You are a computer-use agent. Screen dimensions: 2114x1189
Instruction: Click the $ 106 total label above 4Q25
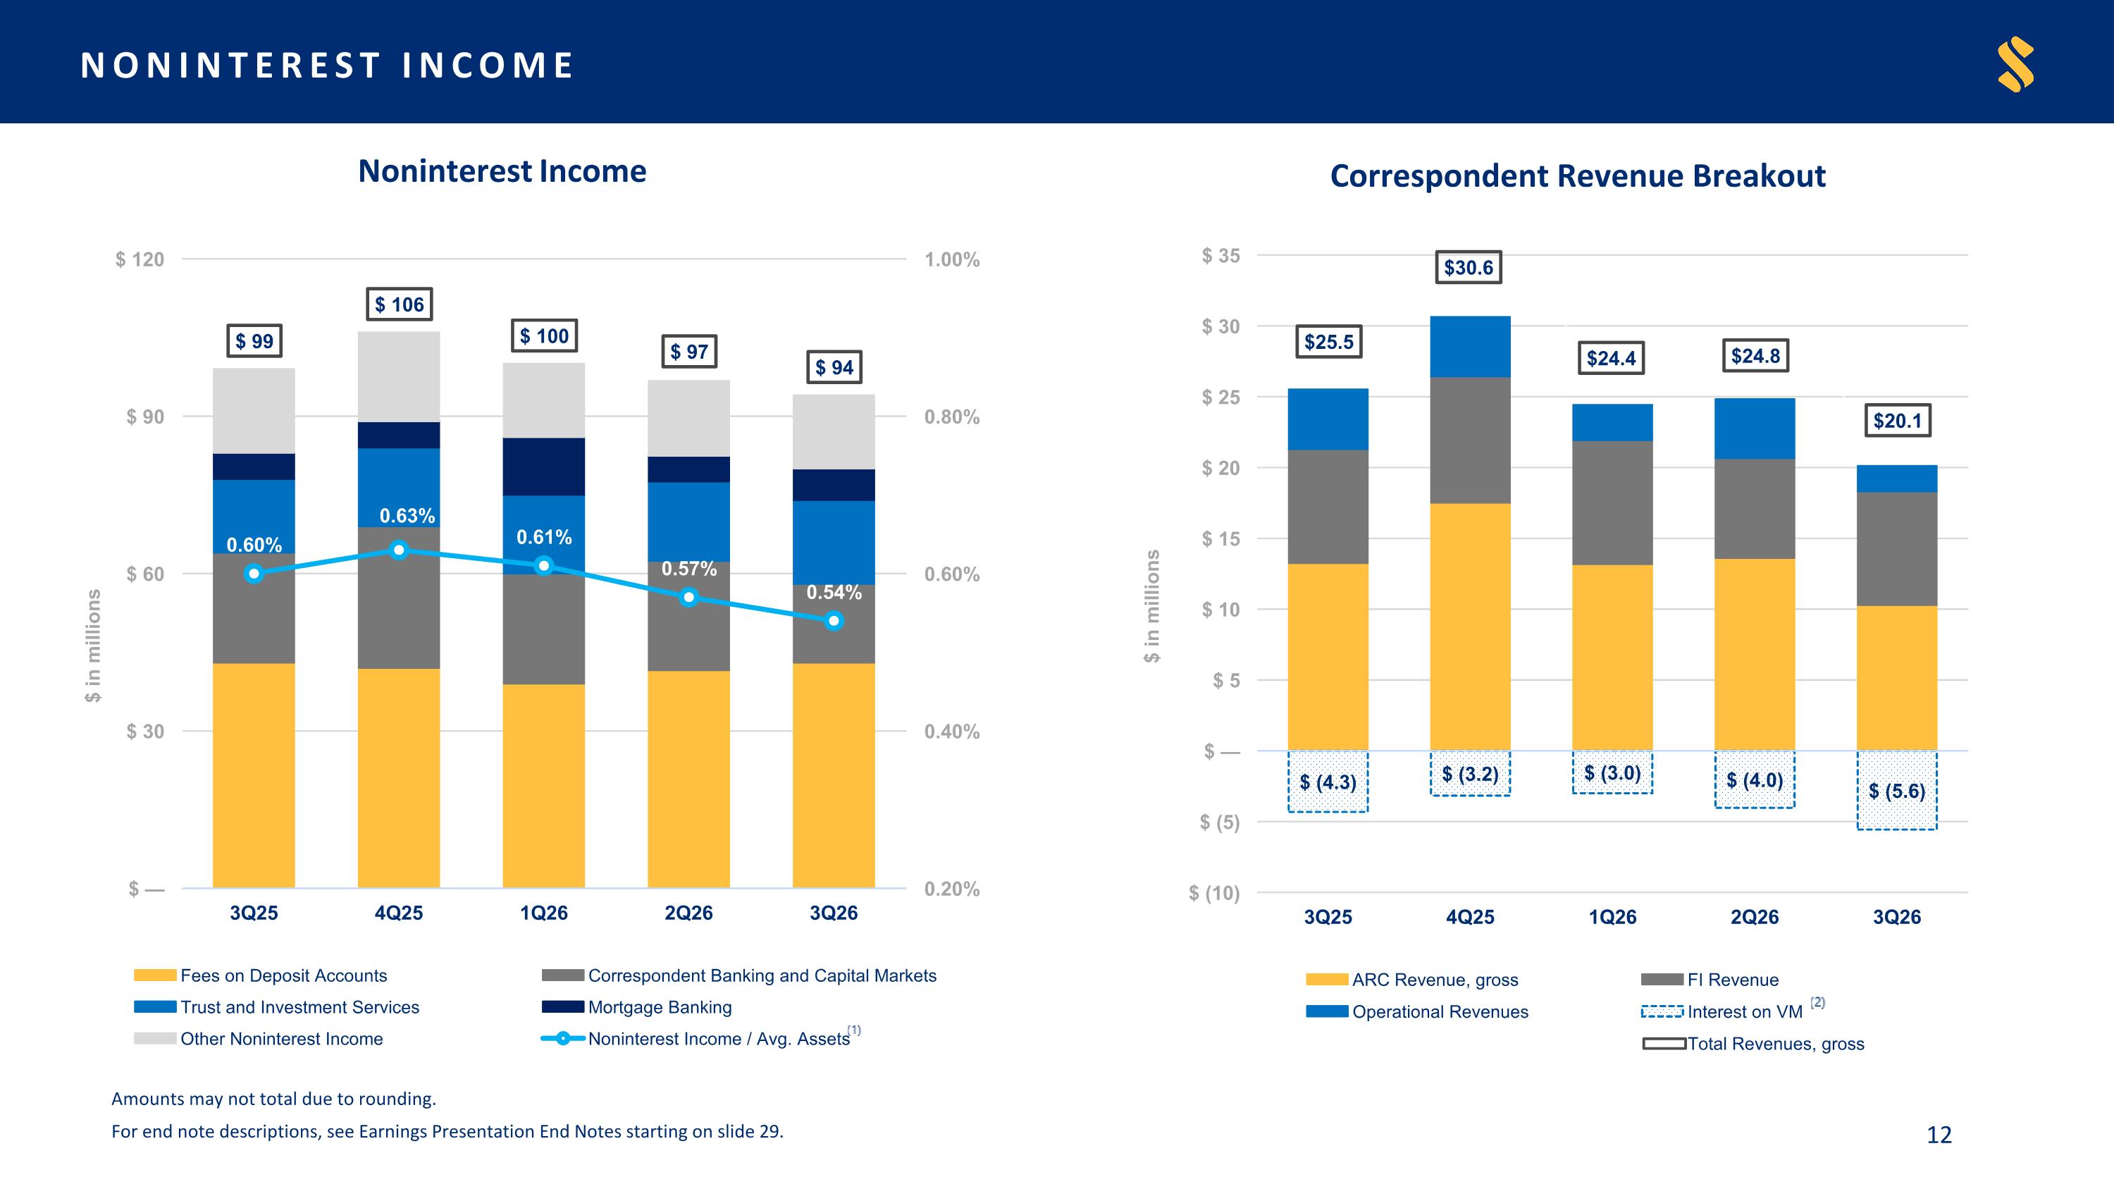[399, 304]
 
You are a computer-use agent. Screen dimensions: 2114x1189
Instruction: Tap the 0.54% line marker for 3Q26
[834, 621]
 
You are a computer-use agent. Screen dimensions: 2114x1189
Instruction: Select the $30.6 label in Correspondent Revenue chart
[1468, 268]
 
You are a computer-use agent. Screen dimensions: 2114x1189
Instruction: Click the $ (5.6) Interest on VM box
[1896, 790]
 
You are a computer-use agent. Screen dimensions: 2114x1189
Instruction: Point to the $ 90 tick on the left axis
[144, 417]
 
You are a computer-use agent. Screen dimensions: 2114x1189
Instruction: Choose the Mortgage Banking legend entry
[637, 1007]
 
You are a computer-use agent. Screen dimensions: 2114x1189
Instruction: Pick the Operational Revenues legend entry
[1417, 1012]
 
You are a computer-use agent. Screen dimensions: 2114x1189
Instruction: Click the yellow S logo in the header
[2015, 64]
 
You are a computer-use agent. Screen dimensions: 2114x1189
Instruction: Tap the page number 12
[1939, 1135]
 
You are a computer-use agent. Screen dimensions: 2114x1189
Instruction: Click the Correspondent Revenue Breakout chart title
[1577, 175]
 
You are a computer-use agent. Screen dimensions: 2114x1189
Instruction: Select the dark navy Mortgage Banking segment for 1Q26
[544, 467]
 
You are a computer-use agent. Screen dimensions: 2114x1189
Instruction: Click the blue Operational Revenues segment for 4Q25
[1470, 347]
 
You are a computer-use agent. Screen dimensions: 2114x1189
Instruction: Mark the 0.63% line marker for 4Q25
[399, 550]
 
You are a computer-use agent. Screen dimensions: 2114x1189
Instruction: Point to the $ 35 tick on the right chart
[1221, 256]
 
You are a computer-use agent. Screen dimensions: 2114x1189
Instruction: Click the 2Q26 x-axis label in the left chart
[688, 913]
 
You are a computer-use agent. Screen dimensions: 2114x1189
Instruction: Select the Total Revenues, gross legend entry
[1753, 1044]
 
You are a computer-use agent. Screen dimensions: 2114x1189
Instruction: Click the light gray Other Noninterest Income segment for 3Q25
[254, 411]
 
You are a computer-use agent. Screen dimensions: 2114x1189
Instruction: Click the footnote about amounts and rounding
[274, 1099]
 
